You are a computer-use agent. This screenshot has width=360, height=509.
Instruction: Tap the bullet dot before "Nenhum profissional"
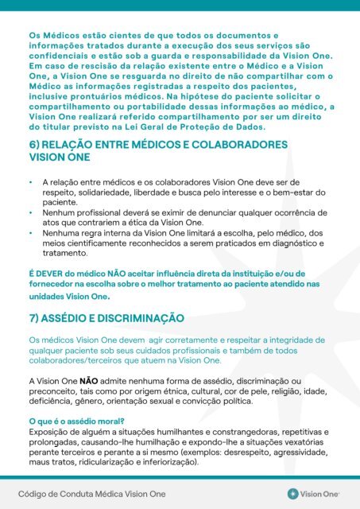click(x=30, y=214)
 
